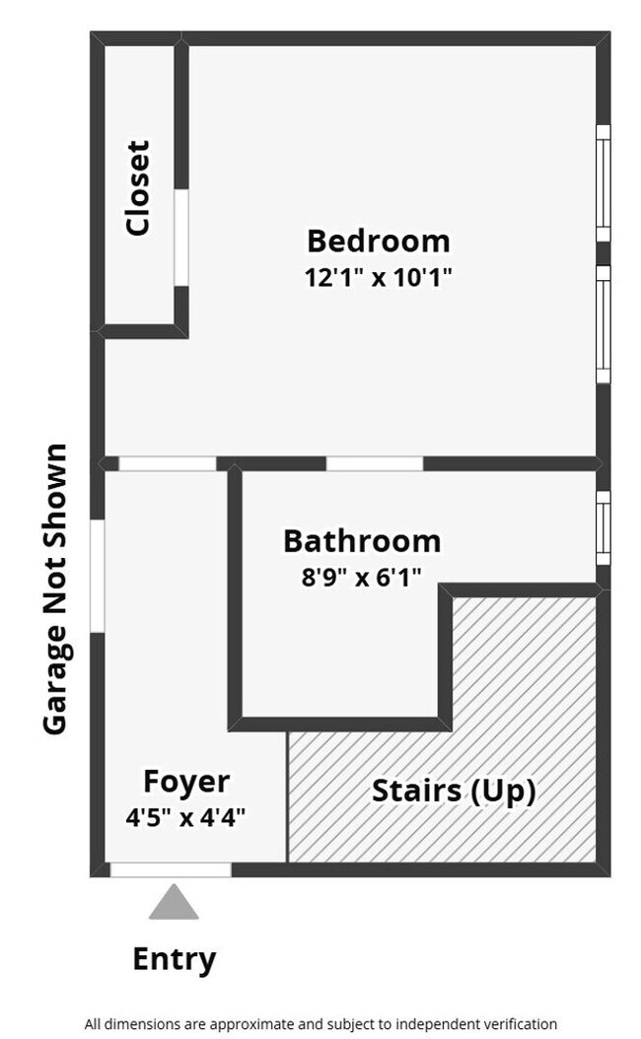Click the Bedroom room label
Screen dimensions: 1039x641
(x=378, y=241)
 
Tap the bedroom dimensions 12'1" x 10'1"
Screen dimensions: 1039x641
(x=378, y=277)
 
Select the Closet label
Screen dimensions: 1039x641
(x=138, y=187)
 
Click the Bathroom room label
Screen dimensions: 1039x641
(x=361, y=541)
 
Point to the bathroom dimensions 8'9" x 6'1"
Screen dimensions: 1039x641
(x=361, y=577)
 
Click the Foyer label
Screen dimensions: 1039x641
(x=186, y=782)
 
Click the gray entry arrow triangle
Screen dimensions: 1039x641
(x=174, y=903)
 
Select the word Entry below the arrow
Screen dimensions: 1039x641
(x=175, y=958)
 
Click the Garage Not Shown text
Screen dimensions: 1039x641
(x=55, y=589)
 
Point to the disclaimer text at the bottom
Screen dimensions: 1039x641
(x=320, y=1024)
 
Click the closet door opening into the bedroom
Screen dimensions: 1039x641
(x=181, y=238)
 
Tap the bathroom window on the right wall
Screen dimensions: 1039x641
(x=603, y=528)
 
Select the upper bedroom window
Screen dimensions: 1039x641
(x=603, y=183)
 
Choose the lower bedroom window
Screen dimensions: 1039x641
(x=603, y=323)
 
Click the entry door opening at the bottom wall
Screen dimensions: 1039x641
(x=170, y=869)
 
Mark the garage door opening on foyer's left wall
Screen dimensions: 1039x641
(x=97, y=576)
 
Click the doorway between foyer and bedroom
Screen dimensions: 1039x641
(x=167, y=463)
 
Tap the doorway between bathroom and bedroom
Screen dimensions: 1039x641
(x=375, y=463)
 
